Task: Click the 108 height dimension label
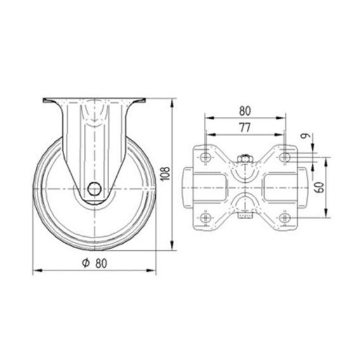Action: [x=166, y=173]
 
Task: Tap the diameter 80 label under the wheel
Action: [x=95, y=263]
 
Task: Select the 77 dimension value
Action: [x=244, y=128]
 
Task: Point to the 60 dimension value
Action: [x=319, y=187]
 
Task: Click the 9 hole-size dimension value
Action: [x=305, y=136]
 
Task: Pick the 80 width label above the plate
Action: [x=245, y=111]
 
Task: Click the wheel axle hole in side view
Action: [x=95, y=189]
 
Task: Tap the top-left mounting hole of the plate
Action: [x=205, y=157]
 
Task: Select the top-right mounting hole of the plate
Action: [x=284, y=157]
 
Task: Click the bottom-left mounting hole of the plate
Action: [x=205, y=218]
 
